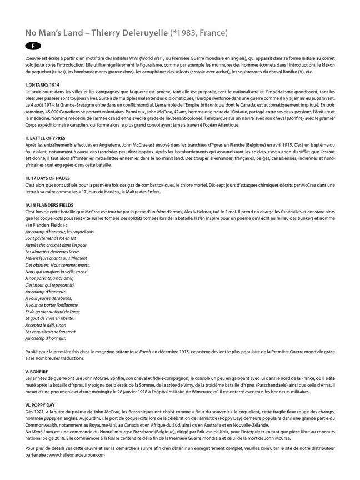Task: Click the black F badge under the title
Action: click(32, 46)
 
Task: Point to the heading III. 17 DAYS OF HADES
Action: click(48, 177)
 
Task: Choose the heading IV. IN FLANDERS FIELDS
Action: click(50, 204)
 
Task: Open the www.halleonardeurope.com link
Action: click(77, 455)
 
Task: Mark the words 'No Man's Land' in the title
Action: click(51, 33)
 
